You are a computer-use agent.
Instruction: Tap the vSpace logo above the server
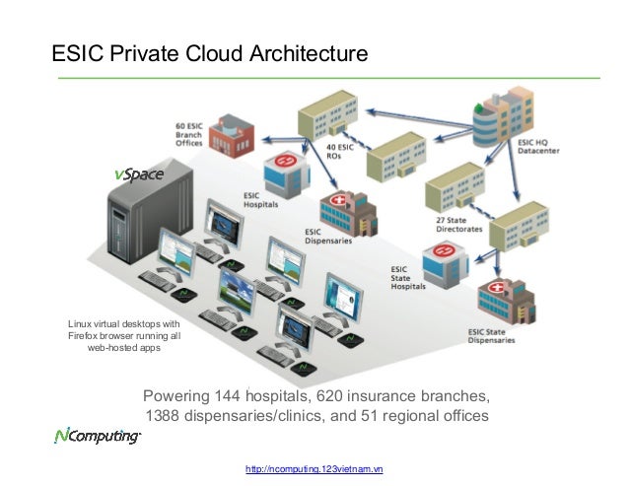tap(138, 174)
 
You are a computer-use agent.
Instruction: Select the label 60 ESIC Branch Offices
tap(189, 135)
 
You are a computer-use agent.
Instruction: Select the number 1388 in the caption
tap(166, 416)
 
